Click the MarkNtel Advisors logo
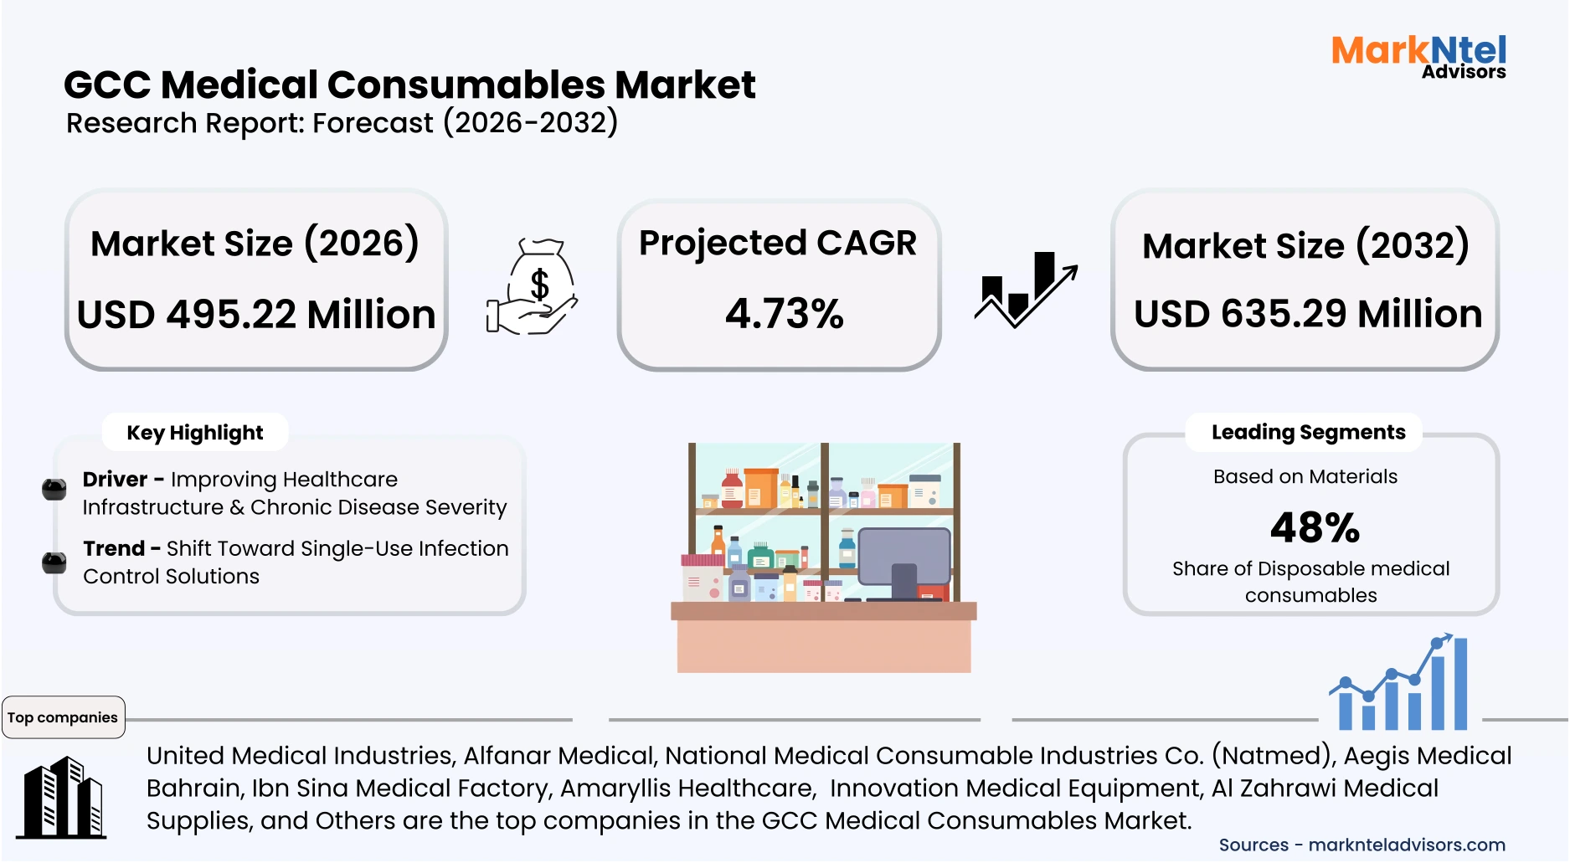tap(1418, 56)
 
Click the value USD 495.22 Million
tap(256, 315)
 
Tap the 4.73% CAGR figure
tap(784, 314)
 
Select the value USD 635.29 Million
tap(1307, 314)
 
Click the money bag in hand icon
tap(533, 288)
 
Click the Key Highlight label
tap(194, 433)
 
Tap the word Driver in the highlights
tap(115, 480)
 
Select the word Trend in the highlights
tap(114, 548)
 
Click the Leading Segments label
tap(1308, 432)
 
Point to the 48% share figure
tap(1315, 527)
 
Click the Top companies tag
tap(63, 717)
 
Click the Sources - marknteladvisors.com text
tap(1362, 845)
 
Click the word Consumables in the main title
tap(466, 85)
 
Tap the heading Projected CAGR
tap(778, 243)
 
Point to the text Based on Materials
tap(1305, 476)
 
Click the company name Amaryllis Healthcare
tap(687, 789)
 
